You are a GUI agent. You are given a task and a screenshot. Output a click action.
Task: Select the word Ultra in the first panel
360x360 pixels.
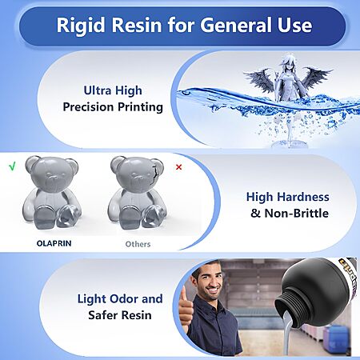[97, 90]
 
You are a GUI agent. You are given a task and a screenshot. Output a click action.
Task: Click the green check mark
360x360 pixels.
[12, 166]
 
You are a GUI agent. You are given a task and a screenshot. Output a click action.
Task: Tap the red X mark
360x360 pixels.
[179, 167]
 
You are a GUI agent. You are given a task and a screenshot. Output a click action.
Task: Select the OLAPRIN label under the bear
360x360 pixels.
[54, 243]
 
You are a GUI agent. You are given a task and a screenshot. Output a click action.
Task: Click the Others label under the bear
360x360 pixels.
[138, 244]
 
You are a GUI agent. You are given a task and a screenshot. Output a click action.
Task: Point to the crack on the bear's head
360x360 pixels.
[152, 175]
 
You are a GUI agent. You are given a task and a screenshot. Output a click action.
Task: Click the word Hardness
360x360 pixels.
[303, 197]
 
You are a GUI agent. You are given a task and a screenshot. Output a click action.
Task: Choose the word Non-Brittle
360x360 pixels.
[296, 214]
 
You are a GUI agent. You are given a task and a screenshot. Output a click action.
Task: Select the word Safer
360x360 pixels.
[102, 315]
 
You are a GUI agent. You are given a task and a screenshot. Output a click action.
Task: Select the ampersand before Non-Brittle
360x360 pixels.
[255, 214]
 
